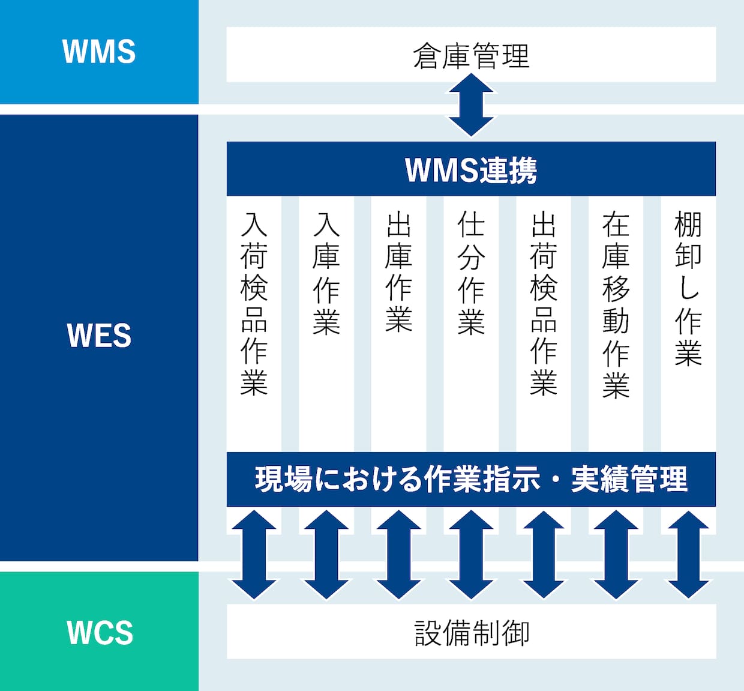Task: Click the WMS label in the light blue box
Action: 99,52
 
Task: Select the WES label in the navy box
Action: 99,336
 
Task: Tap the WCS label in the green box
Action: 100,633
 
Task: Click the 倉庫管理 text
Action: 471,56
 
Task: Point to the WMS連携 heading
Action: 471,170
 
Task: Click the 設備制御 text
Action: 472,633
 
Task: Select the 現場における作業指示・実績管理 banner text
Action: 471,480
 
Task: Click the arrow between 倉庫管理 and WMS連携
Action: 471,104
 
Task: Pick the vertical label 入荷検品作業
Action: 254,304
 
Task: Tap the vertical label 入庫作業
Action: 326,273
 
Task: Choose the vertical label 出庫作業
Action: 399,273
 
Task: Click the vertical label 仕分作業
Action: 471,273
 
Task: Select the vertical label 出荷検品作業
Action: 544,304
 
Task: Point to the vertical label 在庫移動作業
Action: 616,304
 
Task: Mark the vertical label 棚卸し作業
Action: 689,288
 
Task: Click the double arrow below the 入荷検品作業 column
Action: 254,555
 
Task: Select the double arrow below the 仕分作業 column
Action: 471,555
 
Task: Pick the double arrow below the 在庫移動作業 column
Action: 616,555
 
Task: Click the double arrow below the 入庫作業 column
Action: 326,555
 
